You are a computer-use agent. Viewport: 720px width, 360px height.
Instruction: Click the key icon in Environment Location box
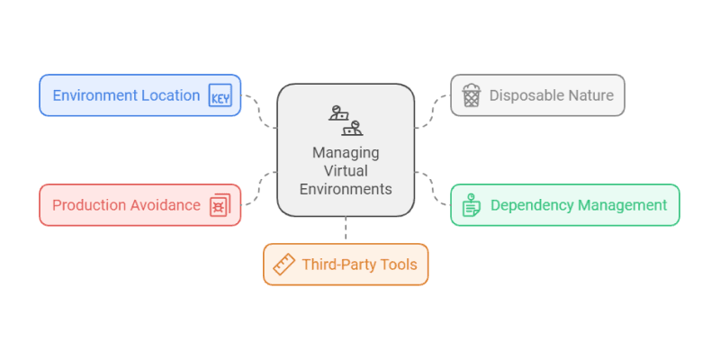(x=220, y=95)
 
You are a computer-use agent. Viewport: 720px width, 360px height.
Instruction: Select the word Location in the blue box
(x=174, y=95)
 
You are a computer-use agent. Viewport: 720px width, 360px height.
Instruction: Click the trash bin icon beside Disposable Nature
(x=471, y=95)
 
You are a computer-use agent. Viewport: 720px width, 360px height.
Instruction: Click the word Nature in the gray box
(x=590, y=95)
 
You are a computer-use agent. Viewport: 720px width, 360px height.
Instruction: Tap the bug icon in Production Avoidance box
(x=220, y=205)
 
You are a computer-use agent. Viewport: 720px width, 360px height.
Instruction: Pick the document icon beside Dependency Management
(x=471, y=205)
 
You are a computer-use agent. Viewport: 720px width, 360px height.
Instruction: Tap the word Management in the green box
(x=623, y=205)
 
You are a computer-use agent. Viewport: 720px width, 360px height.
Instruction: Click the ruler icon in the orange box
(x=284, y=265)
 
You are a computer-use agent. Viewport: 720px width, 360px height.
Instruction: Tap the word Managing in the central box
(x=346, y=152)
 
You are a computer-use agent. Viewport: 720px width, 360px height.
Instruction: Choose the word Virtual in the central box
(x=346, y=171)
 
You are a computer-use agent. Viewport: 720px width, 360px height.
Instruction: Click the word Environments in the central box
(x=346, y=189)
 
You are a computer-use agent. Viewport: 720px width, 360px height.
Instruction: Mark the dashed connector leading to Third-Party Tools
(x=346, y=230)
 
